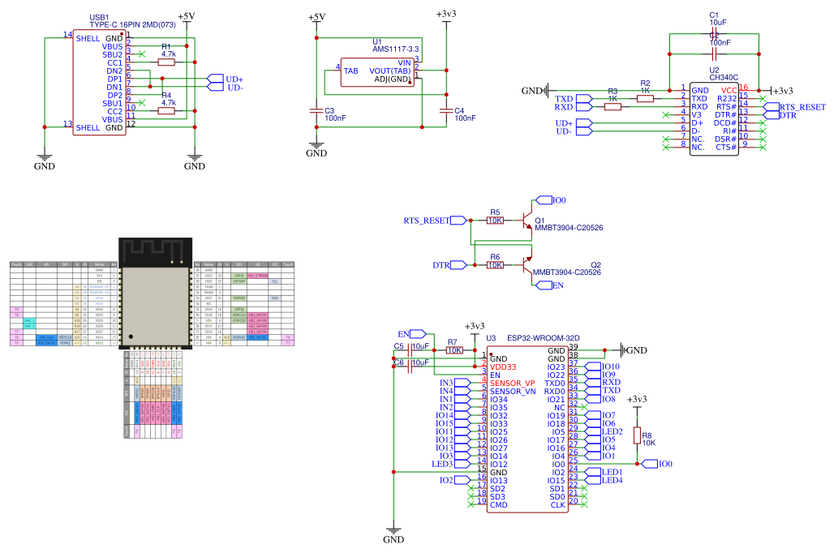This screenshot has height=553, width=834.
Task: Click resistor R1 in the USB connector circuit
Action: (x=166, y=62)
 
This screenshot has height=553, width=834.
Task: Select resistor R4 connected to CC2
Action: (x=166, y=110)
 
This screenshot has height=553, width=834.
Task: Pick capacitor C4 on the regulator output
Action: (x=445, y=110)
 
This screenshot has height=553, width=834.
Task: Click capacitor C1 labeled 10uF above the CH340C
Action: (x=714, y=30)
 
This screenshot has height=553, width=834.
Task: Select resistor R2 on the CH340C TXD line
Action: (x=645, y=98)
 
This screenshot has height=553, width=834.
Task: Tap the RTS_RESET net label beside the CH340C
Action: (x=802, y=107)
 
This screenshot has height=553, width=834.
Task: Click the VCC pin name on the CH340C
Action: (x=729, y=90)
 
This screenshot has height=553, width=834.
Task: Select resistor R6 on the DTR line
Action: (x=495, y=265)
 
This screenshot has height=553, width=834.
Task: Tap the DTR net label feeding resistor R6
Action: (x=441, y=265)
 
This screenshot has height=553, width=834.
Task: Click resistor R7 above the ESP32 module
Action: (x=454, y=350)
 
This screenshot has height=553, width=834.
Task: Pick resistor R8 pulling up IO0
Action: (x=637, y=435)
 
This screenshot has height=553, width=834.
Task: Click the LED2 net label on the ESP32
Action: (x=613, y=431)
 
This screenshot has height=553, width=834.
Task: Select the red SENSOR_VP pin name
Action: (x=512, y=383)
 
